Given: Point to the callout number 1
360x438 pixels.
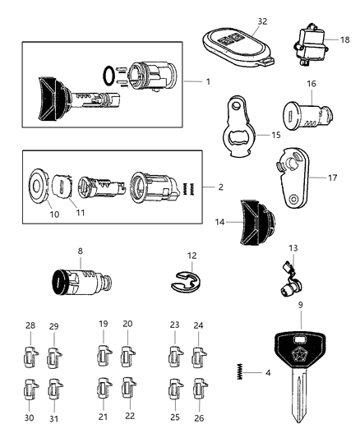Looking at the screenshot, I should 209,83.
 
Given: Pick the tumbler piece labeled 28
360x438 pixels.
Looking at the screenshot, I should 31,357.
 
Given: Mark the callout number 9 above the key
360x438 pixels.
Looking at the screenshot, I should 300,305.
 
